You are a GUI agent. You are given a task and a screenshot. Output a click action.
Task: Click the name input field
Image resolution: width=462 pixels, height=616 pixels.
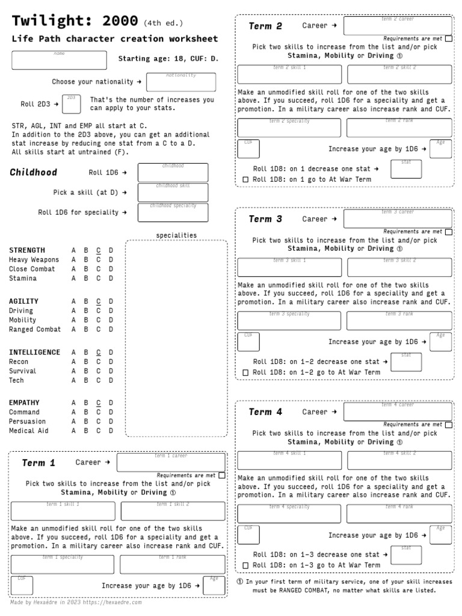(63, 60)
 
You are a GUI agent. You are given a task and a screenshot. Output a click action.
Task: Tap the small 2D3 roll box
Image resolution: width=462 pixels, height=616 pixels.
(71, 103)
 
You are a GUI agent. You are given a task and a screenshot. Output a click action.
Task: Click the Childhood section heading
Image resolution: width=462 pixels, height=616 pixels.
(34, 173)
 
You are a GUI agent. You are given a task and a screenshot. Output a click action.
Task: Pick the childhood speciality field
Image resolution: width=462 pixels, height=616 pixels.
(173, 212)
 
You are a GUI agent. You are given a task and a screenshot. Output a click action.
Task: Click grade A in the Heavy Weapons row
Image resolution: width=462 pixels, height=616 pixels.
(73, 260)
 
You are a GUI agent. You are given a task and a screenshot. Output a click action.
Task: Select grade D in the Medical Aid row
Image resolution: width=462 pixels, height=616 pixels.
(111, 431)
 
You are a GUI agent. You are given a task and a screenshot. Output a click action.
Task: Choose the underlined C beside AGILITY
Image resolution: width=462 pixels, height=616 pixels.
(99, 301)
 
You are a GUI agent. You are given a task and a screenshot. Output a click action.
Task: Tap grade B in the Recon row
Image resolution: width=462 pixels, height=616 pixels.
(86, 362)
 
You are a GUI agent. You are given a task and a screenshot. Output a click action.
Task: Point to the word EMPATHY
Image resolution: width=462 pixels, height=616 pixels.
(24, 403)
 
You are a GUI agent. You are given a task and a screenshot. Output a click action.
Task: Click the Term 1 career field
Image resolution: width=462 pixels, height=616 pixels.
(171, 463)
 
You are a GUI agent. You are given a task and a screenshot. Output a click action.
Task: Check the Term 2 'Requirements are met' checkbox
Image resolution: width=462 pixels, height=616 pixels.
(449, 38)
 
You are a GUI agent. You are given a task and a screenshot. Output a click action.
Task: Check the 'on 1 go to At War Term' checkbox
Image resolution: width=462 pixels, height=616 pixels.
(245, 180)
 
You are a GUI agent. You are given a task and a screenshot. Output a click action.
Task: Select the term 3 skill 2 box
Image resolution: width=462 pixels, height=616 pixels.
(399, 268)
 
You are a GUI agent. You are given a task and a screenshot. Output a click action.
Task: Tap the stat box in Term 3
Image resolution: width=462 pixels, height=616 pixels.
(406, 362)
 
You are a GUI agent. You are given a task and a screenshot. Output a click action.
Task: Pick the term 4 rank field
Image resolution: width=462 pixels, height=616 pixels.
(399, 514)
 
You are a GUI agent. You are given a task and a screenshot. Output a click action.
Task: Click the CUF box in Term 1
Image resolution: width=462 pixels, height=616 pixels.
(22, 585)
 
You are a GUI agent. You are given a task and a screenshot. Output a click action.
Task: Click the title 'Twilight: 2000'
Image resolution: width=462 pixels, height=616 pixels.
(75, 22)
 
